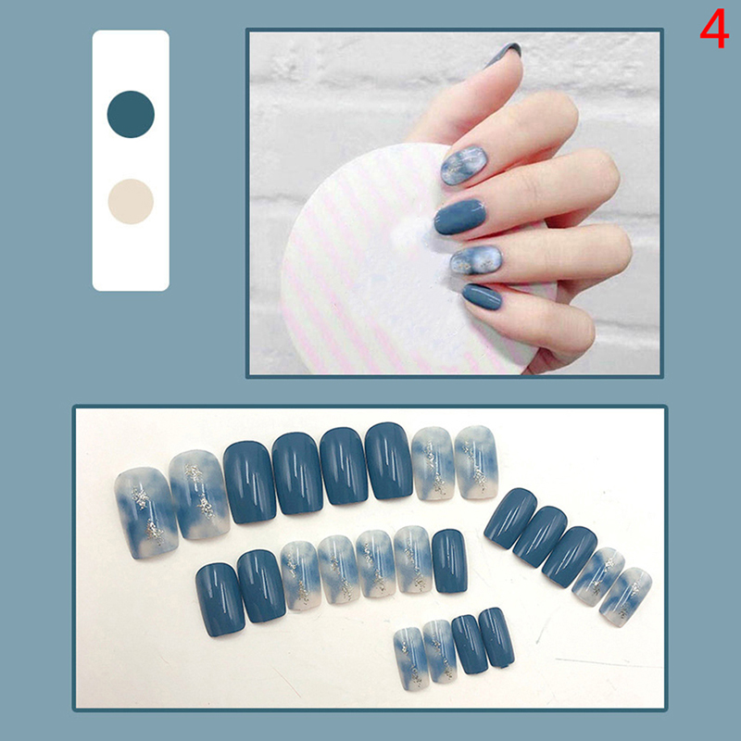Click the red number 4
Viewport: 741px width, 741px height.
pyautogui.click(x=714, y=29)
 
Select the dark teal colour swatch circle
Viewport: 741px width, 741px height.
pyautogui.click(x=131, y=114)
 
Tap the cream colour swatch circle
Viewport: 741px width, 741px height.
pyautogui.click(x=131, y=201)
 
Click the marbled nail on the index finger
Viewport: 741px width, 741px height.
pyautogui.click(x=464, y=166)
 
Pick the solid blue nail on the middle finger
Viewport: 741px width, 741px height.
pyautogui.click(x=459, y=217)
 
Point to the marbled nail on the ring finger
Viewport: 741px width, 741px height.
pyautogui.click(x=476, y=259)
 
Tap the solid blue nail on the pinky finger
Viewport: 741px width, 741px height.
pyautogui.click(x=482, y=296)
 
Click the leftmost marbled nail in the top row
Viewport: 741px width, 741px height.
pyautogui.click(x=146, y=513)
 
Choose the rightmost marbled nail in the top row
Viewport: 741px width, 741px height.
pyautogui.click(x=476, y=462)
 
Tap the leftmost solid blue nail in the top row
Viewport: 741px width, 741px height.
pyautogui.click(x=250, y=483)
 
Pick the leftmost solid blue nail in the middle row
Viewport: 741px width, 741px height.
pyautogui.click(x=220, y=599)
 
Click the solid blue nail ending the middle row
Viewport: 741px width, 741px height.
pyautogui.click(x=449, y=561)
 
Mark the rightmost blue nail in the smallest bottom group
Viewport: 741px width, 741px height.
pyautogui.click(x=496, y=638)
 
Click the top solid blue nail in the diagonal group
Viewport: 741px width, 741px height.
pyautogui.click(x=510, y=519)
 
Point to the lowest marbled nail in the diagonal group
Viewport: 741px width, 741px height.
pyautogui.click(x=626, y=597)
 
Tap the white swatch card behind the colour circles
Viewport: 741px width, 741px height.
pyautogui.click(x=131, y=160)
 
